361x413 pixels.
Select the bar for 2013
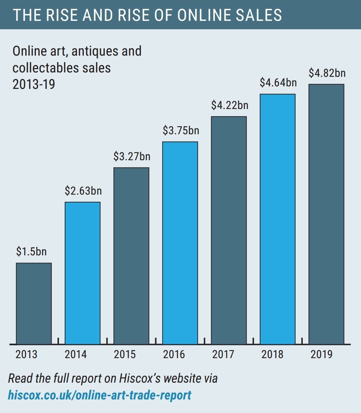pos(34,303)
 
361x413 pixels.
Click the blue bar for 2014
pos(82,273)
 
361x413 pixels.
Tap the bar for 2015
pos(131,256)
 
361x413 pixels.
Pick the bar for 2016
pos(180,243)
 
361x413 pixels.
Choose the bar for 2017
pos(229,230)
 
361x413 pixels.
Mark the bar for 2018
pos(278,219)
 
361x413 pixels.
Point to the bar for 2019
pos(326,214)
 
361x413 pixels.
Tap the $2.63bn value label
pos(83,191)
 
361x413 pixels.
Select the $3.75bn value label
pos(181,131)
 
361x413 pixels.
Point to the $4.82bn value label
pos(327,73)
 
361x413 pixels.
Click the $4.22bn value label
pos(230,105)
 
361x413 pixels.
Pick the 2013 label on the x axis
pos(26,354)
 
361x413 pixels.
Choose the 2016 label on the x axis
pos(174,354)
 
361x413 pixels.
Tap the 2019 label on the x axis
pos(321,354)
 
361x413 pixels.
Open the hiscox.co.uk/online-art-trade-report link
pos(100,395)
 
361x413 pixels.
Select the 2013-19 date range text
pos(34,84)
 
